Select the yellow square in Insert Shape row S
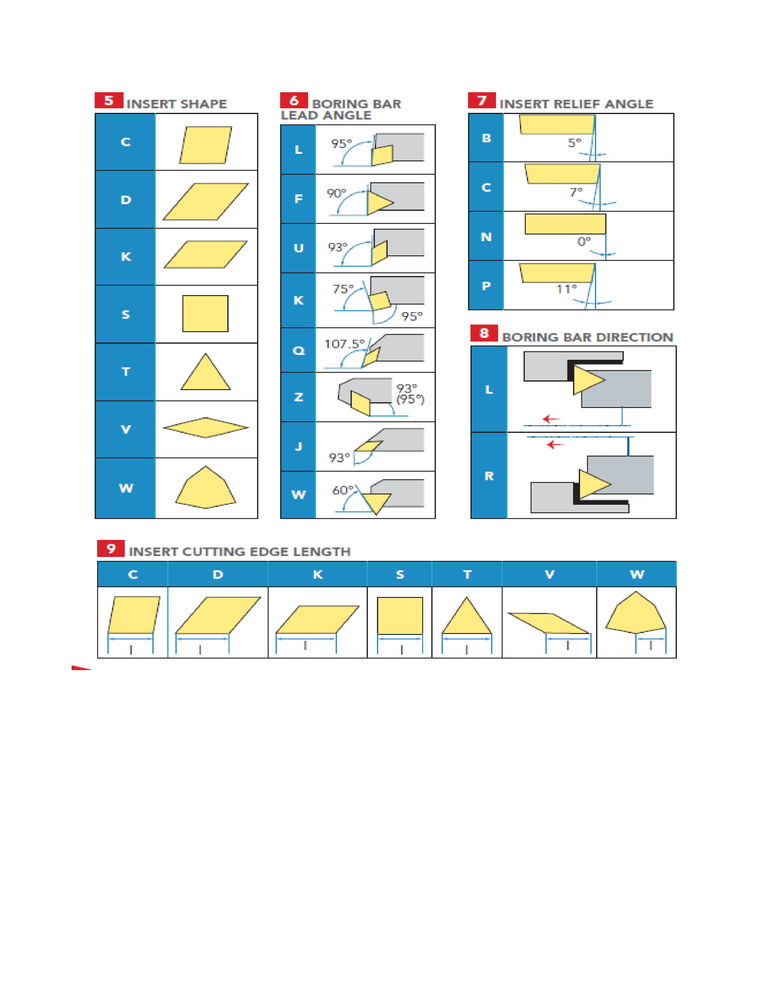(x=205, y=314)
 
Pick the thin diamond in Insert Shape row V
(x=205, y=428)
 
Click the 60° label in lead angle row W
(x=342, y=490)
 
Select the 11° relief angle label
(x=567, y=289)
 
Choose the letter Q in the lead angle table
(x=298, y=351)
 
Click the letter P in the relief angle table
(x=487, y=286)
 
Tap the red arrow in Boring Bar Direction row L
(x=551, y=419)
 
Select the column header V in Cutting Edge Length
(x=549, y=574)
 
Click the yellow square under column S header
(x=400, y=615)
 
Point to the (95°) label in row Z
(x=410, y=399)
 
